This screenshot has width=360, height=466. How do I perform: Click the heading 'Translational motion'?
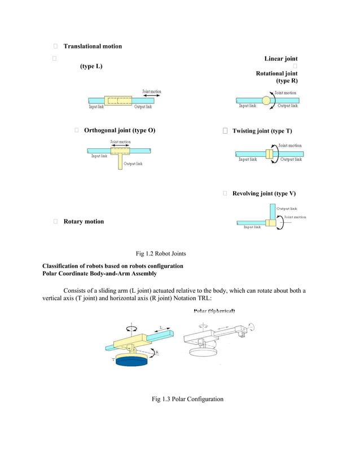click(x=92, y=46)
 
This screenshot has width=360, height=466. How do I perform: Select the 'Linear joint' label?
click(x=280, y=59)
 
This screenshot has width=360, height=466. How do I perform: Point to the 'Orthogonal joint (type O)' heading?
click(x=119, y=131)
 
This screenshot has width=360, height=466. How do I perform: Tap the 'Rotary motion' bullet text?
click(x=84, y=222)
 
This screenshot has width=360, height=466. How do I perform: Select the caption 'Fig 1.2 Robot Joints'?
click(x=161, y=254)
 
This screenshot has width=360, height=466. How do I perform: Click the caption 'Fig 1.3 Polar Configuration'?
click(x=187, y=399)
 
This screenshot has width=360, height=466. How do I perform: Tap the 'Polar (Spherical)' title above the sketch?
click(x=214, y=311)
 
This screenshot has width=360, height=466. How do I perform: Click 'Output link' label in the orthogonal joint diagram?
click(x=133, y=164)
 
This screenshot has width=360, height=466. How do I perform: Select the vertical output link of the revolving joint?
click(x=271, y=213)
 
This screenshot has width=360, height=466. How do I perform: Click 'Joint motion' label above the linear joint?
click(x=151, y=91)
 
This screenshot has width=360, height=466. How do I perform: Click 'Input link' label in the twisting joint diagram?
click(x=248, y=160)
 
